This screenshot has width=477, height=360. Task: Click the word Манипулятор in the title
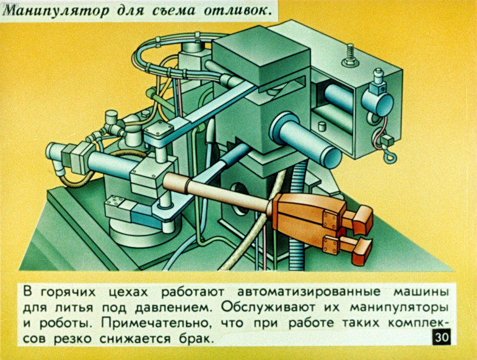pos(58,11)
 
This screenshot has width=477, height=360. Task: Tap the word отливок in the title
pos(237,11)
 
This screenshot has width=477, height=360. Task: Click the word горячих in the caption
pos(68,292)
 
